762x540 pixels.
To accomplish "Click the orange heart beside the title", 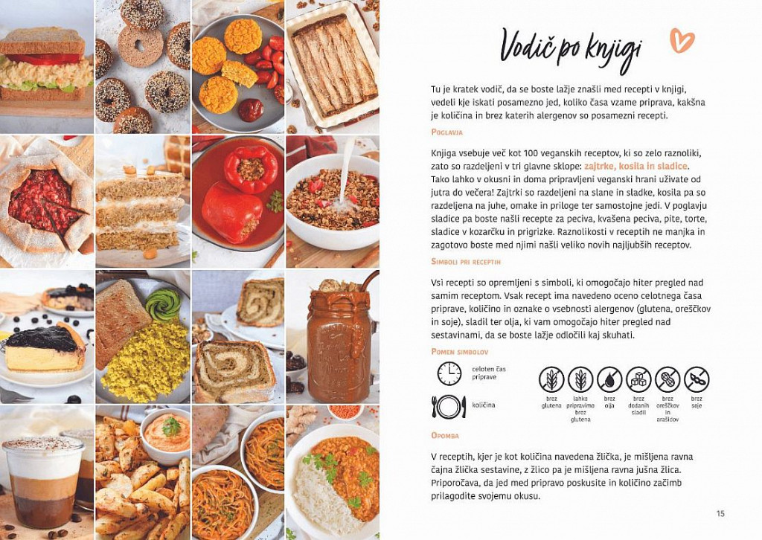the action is point(682,40).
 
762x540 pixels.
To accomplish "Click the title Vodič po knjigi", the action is point(571,51).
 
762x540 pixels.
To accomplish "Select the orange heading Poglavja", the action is point(446,132).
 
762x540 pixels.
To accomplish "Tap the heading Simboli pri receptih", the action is point(466,262).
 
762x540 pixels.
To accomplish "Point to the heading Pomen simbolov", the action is point(459,352).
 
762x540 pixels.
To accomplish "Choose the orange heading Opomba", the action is point(445,436).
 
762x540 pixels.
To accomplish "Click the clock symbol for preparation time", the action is point(449,373).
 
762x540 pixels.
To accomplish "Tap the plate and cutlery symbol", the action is point(449,406).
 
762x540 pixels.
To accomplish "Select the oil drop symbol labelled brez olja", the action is point(609,379).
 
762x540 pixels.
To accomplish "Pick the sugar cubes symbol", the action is point(638,379).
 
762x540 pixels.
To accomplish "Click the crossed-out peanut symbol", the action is point(667,379).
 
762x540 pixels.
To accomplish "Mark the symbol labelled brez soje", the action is point(697,379).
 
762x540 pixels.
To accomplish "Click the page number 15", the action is point(720,514).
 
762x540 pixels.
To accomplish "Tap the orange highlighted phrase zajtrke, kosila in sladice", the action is point(635,166).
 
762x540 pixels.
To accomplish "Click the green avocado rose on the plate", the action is point(163,304).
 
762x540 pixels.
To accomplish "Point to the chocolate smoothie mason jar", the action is point(339,341).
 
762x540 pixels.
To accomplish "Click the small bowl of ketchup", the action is point(251,110).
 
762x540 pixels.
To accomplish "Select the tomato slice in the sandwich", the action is point(44,59).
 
